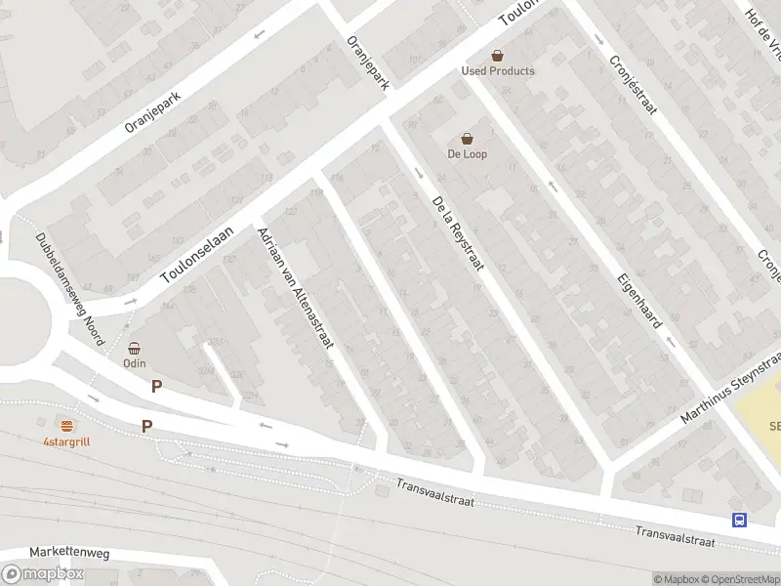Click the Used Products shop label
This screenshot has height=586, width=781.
click(498, 71)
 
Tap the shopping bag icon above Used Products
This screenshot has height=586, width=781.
click(498, 56)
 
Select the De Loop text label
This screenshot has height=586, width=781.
click(467, 154)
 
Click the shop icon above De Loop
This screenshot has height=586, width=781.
click(468, 139)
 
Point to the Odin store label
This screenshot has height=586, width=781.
click(134, 363)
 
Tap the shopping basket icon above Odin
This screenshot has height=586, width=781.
click(135, 348)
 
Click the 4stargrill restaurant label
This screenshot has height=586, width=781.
click(66, 441)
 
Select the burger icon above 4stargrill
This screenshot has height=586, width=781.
click(66, 426)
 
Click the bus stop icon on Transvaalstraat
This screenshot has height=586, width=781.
click(739, 520)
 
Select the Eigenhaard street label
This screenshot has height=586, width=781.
click(635, 304)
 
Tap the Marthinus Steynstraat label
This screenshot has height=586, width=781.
click(732, 390)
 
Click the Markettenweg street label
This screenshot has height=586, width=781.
click(69, 553)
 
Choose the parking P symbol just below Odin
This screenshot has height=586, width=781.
click(156, 387)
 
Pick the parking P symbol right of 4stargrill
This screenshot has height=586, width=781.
click(147, 426)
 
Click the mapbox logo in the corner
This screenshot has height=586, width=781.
click(43, 574)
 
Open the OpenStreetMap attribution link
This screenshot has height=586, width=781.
click(737, 579)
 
